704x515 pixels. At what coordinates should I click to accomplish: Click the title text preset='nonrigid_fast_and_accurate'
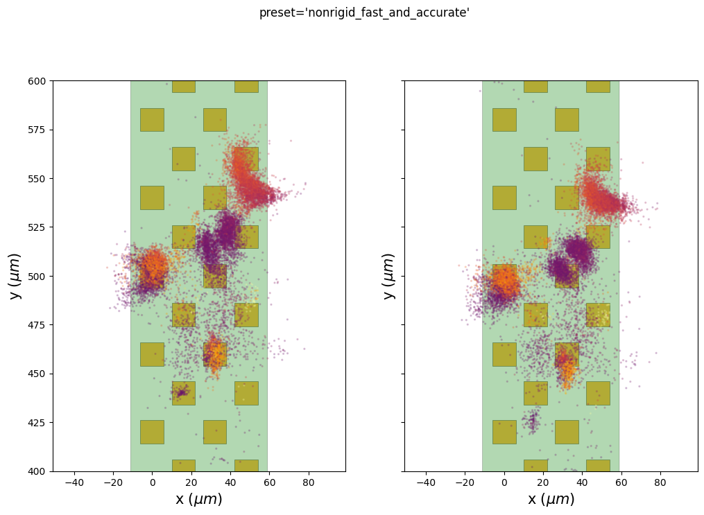click(364, 12)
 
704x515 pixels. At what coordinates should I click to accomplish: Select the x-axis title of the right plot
click(551, 499)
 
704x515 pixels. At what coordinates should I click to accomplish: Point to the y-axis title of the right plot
click(390, 276)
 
